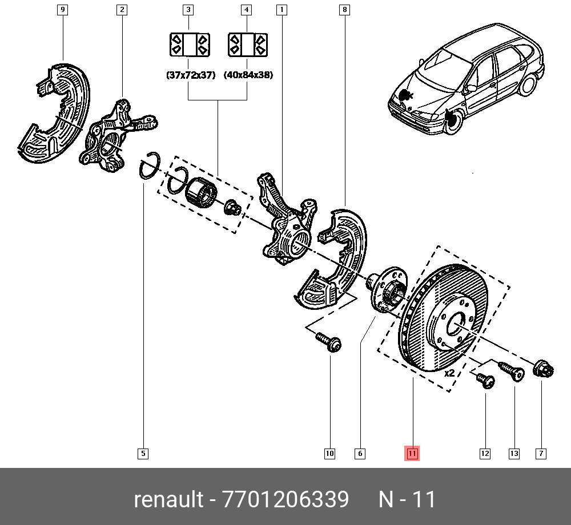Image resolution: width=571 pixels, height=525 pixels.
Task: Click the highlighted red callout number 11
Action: click(x=412, y=454)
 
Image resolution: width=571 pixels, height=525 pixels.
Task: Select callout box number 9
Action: click(x=63, y=10)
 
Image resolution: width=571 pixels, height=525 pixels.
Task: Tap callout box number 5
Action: click(x=143, y=454)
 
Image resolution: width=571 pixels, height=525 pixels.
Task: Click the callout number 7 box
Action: click(x=540, y=454)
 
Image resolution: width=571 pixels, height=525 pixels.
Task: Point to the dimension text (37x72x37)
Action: click(x=190, y=75)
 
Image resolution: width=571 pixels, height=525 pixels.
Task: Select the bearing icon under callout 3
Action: click(x=190, y=45)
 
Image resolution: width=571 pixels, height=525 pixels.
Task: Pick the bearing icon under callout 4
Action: click(x=247, y=45)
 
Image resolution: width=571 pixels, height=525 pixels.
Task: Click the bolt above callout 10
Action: click(x=329, y=342)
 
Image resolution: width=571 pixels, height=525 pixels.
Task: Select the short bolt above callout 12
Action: click(x=485, y=380)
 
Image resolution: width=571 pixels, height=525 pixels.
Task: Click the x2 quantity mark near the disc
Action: click(x=449, y=373)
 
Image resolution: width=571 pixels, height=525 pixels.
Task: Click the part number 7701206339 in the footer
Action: click(x=285, y=499)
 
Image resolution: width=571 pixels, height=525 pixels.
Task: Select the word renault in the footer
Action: click(x=168, y=499)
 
